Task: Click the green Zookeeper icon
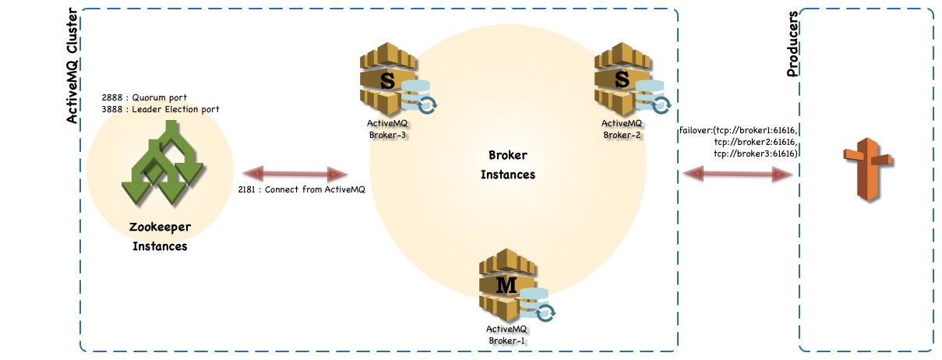pos(161,164)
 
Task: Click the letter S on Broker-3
pos(386,80)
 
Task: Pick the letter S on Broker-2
pos(622,80)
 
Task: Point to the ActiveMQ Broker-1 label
pos(507,334)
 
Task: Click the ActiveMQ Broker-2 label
pos(622,129)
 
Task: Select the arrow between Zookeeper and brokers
pos(295,173)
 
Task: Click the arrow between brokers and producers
pos(737,175)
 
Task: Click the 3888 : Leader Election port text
pos(161,110)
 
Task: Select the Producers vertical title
pos(793,44)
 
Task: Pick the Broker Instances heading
pos(507,164)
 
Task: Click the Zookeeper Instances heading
pos(159,237)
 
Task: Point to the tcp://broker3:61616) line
pos(754,154)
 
